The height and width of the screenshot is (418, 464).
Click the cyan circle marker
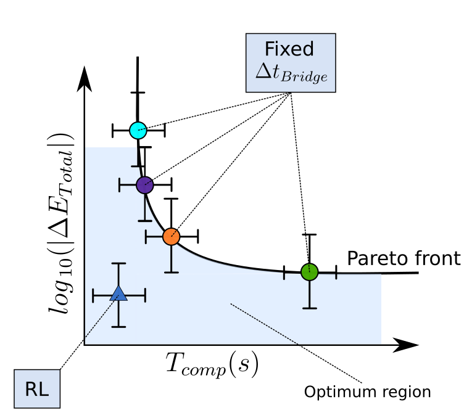coord(138,131)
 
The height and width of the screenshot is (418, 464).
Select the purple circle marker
coord(144,185)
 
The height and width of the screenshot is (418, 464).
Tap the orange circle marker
coord(171,236)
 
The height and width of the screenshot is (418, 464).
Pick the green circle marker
coord(309,272)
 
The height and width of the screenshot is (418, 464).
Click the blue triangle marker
coord(118,293)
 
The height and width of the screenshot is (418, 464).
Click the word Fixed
coord(289,49)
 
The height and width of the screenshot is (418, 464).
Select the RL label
coord(36,389)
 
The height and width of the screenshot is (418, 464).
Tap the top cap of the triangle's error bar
coord(118,264)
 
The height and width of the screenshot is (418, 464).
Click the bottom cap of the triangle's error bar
coord(118,326)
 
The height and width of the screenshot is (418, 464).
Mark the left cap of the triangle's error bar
coord(93,296)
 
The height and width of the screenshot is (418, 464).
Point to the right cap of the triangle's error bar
coord(145,296)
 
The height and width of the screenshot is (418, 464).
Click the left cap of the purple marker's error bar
coord(120,185)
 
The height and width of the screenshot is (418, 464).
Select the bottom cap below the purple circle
coord(144,220)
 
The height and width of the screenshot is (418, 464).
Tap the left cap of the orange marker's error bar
coord(146,236)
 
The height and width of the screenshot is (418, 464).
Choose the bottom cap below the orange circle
coord(171,272)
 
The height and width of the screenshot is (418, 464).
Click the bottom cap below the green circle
coord(309,308)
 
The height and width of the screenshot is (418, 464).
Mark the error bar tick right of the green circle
coord(336,275)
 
